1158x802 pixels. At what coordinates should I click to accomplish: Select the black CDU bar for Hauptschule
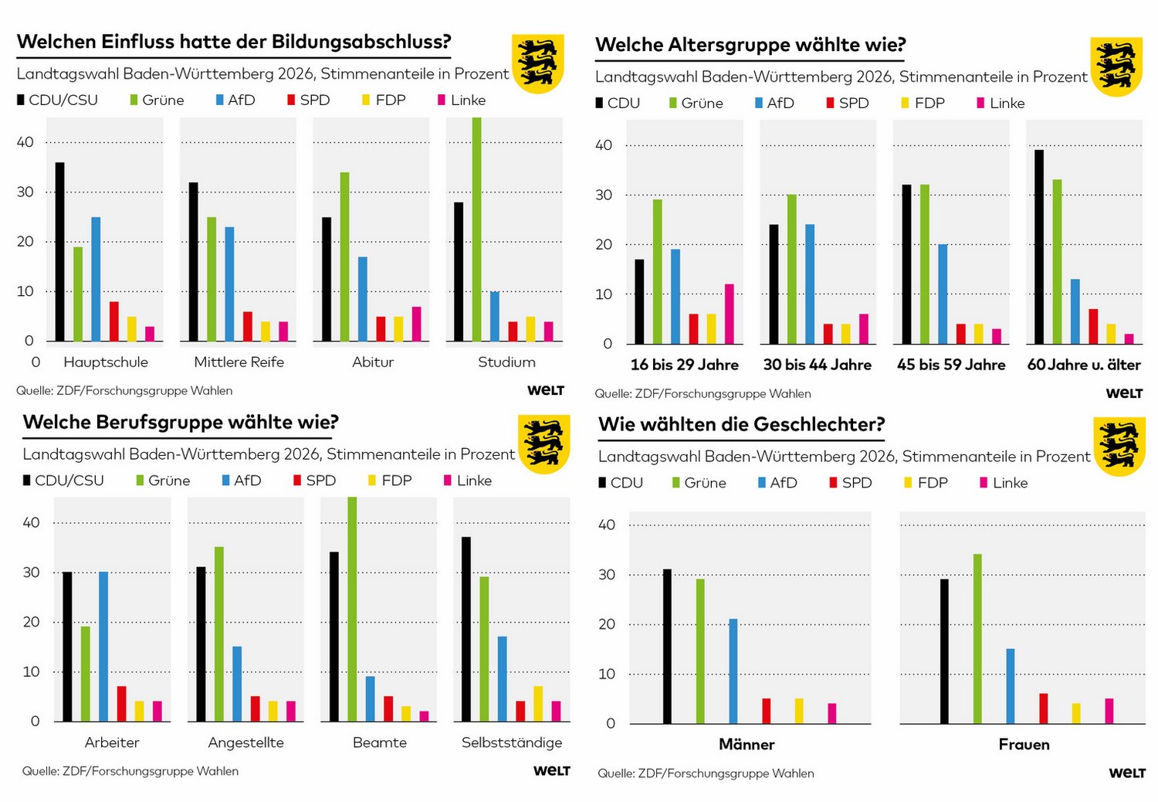pos(60,252)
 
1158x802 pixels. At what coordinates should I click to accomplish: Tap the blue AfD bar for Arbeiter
pos(103,646)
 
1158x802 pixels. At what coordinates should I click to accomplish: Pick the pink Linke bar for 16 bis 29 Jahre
pos(729,314)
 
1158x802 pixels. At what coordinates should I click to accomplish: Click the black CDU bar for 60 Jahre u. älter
pos(1039,246)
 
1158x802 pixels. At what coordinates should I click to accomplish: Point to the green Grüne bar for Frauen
pos(977,638)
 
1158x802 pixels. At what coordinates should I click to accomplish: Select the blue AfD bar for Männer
pos(733,671)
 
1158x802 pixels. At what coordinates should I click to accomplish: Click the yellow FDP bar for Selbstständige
pos(538,703)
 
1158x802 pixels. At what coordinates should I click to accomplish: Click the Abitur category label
pos(373,362)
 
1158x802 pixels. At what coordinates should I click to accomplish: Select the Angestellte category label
pos(245,743)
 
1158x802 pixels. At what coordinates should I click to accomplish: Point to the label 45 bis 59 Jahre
pos(951,365)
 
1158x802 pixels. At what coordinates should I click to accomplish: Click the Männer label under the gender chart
pos(747,744)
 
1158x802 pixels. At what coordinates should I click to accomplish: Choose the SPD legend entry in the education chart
pos(309,100)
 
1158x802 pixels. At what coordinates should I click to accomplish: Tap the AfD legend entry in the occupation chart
pos(242,480)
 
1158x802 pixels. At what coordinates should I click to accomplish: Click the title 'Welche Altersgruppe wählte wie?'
pos(750,45)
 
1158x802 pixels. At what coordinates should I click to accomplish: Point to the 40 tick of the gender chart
pos(607,525)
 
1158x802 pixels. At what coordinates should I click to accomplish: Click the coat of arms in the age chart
pos(1116,66)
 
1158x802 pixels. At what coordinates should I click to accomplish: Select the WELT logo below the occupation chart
pos(551,770)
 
